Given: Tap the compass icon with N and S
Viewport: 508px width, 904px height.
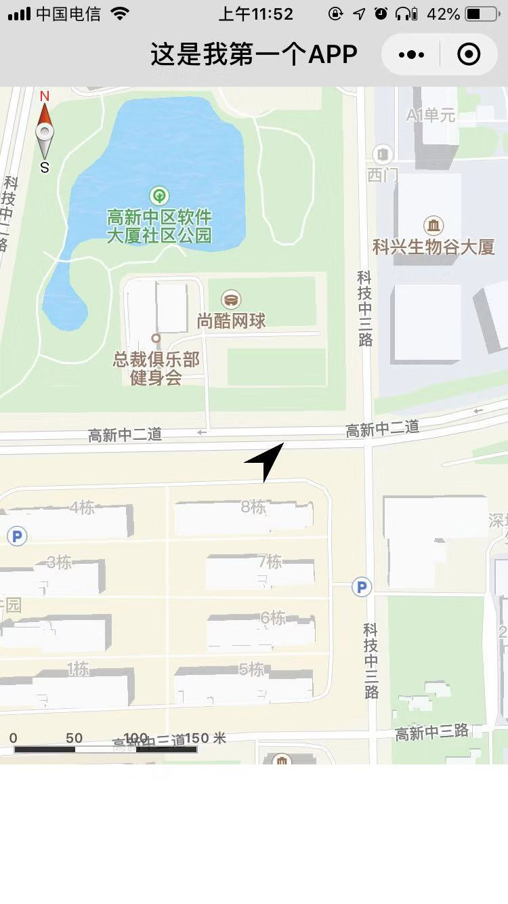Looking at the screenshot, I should point(45,132).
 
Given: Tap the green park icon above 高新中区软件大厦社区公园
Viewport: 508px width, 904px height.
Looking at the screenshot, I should point(160,197).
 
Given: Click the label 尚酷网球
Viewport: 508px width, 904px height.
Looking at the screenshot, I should point(232,321).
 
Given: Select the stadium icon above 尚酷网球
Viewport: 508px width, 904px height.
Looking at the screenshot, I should point(232,300).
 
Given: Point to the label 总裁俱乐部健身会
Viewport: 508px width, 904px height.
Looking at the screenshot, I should point(156,368).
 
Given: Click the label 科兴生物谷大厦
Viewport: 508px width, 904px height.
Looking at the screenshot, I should point(433,247).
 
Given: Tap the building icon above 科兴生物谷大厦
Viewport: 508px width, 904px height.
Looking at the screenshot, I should point(433,224).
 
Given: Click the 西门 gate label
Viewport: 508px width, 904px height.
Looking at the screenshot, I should point(383,176).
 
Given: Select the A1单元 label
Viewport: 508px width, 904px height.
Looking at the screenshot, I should point(431,116).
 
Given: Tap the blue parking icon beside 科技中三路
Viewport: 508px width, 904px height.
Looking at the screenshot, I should point(362,587).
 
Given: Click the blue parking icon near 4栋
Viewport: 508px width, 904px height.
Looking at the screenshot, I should point(17,537).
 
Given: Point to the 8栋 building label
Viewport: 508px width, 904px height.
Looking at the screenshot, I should point(253,506).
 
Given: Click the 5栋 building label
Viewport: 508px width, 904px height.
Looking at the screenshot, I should point(251,670).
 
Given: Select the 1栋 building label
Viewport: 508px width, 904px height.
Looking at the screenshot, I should point(78,670).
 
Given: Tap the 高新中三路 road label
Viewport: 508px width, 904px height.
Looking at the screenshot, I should point(432,732).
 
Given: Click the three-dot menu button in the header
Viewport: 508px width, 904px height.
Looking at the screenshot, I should point(412,55).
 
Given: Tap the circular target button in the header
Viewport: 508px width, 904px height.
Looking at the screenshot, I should point(469,55).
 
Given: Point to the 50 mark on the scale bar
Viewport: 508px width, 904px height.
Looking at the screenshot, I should point(75,738).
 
